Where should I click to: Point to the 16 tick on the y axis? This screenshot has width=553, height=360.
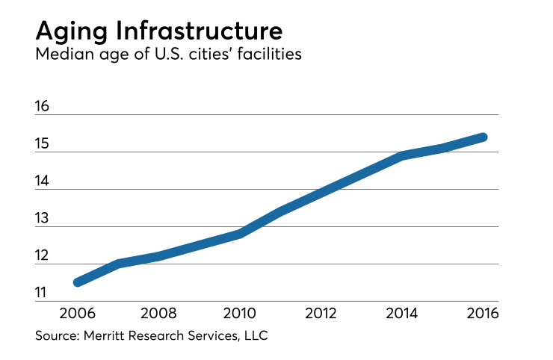(42, 106)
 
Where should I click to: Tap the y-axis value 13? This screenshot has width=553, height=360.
(42, 218)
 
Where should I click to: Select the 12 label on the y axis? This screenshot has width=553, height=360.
(42, 256)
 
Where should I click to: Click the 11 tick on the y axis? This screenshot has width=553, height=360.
(42, 293)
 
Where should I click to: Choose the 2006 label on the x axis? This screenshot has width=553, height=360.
(76, 311)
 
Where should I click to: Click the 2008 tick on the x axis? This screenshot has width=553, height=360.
(158, 311)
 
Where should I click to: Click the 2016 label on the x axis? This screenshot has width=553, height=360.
(482, 311)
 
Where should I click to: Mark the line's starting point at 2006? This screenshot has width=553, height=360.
(78, 282)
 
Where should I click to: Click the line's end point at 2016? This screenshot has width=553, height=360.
(483, 137)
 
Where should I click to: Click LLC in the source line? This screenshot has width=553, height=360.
(254, 336)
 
